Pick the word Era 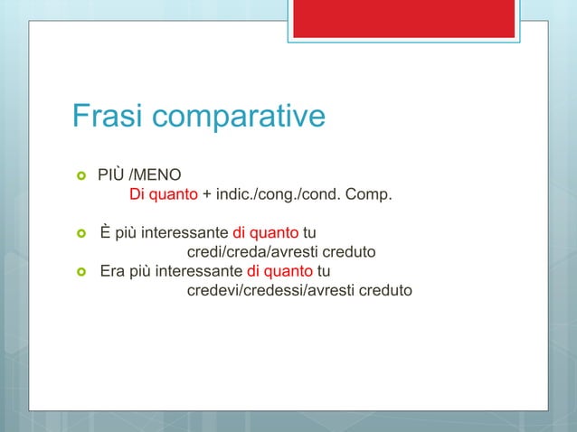click(x=112, y=271)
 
